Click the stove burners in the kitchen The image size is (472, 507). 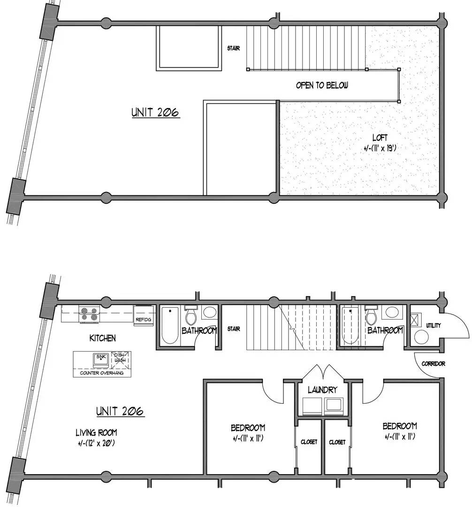coord(89,314)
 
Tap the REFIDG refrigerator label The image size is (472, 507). coord(143,320)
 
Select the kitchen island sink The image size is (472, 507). coord(101,360)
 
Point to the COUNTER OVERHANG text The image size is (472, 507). coord(101,373)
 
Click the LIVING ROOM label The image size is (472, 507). coord(96,432)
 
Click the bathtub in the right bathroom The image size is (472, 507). coord(350,325)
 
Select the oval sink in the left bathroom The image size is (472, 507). coord(210,312)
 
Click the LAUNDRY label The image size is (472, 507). coord(322,390)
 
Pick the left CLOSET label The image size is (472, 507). coord(309,442)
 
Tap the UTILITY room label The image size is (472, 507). coord(433,325)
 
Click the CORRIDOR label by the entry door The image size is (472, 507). coord(433,364)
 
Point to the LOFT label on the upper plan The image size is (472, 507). coord(380,138)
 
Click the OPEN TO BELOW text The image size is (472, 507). coord(322,85)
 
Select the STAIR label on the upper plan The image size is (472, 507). coord(234,48)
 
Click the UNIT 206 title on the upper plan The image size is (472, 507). coord(155,112)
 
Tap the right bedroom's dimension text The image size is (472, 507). coord(400,437)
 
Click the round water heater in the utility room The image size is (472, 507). coord(421,337)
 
